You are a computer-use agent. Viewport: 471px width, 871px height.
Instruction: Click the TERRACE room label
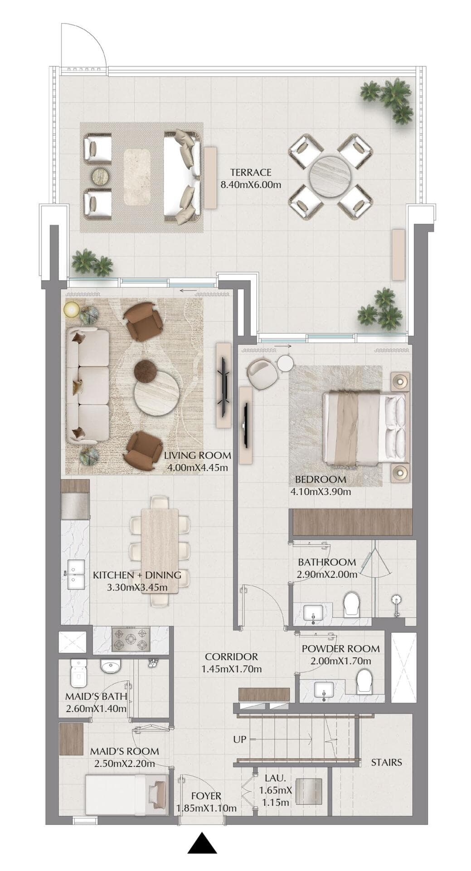coord(250,172)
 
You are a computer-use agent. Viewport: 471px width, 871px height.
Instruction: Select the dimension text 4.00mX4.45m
coord(197,468)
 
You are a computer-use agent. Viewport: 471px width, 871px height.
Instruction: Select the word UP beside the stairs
coord(239,739)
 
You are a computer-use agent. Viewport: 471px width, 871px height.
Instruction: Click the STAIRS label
coord(386,762)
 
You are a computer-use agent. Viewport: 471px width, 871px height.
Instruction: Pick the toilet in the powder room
coord(364,681)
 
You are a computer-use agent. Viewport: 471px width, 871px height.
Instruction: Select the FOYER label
coord(206,796)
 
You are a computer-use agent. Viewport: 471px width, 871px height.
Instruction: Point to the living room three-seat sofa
coord(88,386)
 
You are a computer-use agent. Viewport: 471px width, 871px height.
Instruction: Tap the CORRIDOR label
coord(231,656)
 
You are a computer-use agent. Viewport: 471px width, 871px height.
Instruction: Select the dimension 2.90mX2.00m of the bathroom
coord(326,574)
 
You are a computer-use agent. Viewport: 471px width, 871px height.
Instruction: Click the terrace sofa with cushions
coord(182,176)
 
